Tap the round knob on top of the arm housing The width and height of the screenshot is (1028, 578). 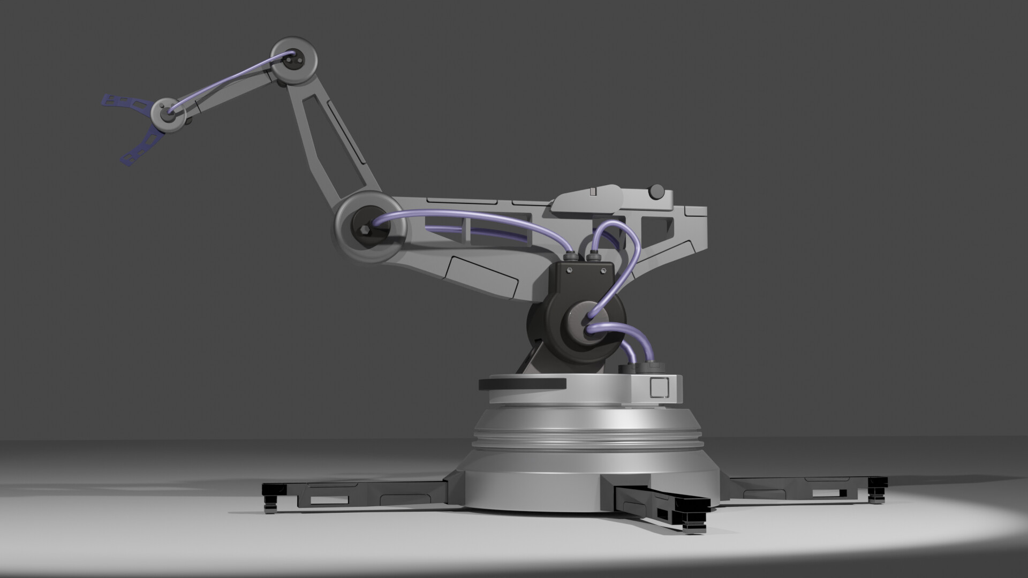coord(655,191)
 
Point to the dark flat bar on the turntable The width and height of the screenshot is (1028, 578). coord(522,383)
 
